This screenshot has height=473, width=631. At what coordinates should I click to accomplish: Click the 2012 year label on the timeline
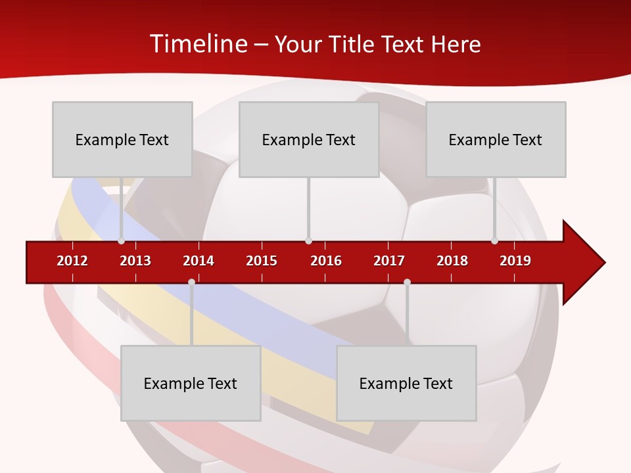[x=72, y=261]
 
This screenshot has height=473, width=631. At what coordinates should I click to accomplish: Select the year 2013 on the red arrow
[x=135, y=261]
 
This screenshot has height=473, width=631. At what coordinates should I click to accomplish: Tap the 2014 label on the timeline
[x=199, y=261]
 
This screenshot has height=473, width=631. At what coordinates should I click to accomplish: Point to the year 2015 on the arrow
[x=262, y=261]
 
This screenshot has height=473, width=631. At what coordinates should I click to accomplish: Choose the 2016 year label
[x=326, y=261]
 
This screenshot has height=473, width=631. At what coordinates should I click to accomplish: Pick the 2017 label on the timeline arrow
[x=389, y=261]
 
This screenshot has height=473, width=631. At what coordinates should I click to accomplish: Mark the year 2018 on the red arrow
[x=452, y=261]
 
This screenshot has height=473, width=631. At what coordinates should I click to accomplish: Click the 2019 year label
[x=515, y=261]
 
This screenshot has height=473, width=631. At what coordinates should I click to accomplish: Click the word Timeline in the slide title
[x=197, y=44]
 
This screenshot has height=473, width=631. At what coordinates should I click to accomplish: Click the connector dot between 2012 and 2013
[x=121, y=241]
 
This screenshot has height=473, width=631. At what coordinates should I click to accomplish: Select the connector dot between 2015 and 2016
[x=308, y=241]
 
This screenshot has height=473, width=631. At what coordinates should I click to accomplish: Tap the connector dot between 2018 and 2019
[x=494, y=241]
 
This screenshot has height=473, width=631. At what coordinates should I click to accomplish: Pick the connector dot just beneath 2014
[x=191, y=282]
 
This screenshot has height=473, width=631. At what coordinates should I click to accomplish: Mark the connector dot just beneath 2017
[x=407, y=282]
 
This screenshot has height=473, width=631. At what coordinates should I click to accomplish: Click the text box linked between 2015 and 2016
[x=308, y=139]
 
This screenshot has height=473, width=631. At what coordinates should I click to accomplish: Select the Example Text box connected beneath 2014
[x=191, y=383]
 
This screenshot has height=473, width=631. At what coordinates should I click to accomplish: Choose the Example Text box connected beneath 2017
[x=406, y=383]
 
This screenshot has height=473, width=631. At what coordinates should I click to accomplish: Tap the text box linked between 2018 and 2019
[x=496, y=139]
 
